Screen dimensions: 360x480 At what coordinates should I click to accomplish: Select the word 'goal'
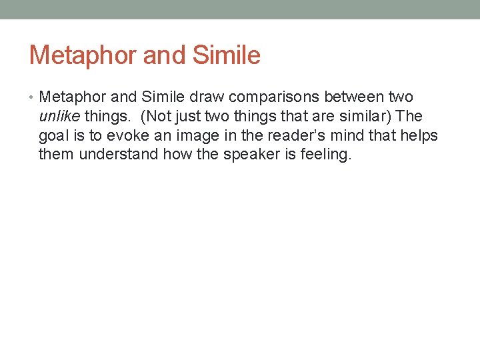click(x=53, y=136)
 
